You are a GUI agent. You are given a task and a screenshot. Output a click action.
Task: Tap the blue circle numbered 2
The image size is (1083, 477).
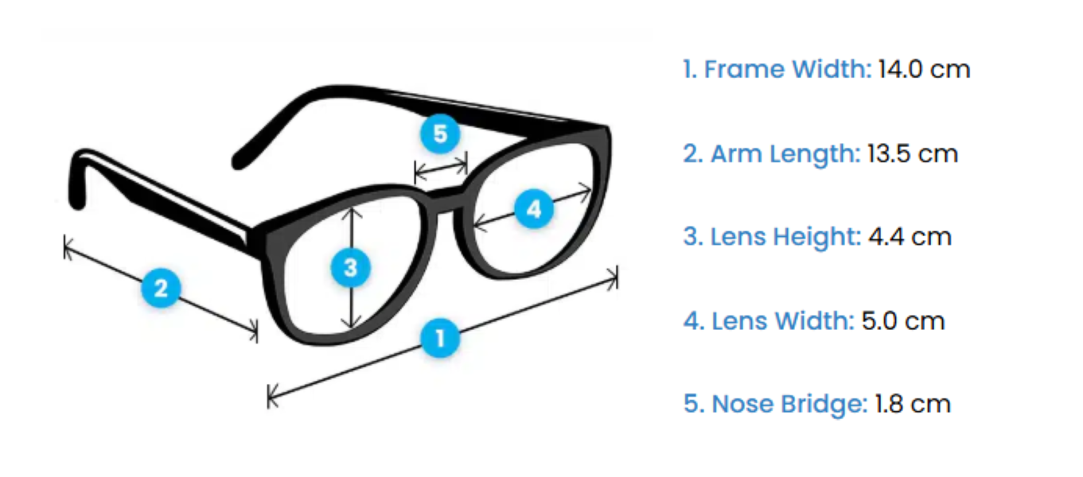coord(162,287)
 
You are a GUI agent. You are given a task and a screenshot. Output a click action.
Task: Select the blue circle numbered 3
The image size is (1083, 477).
coord(351,268)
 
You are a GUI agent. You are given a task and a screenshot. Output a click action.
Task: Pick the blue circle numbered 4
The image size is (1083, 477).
coord(534,210)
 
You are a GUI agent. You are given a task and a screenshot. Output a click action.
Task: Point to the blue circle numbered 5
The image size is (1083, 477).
coord(440,134)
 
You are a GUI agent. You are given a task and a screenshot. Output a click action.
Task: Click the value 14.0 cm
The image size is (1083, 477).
coord(924,69)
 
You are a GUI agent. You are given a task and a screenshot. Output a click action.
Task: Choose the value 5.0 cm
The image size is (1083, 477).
coord(903,320)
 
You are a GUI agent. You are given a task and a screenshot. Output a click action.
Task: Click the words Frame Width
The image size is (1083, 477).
coord(788,69)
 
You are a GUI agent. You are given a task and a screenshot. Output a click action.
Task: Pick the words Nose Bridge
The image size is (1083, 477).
coord(789,404)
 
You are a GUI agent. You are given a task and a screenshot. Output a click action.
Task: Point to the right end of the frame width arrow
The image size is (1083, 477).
coord(615,277)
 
